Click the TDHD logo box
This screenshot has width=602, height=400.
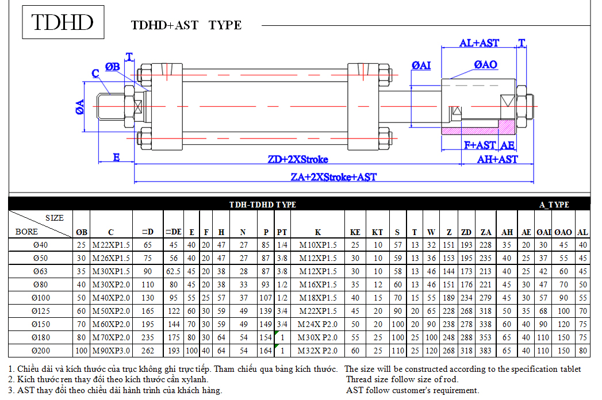63,22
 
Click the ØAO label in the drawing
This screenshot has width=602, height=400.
485,64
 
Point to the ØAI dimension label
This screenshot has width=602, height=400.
421,66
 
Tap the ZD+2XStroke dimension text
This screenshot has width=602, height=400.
298,159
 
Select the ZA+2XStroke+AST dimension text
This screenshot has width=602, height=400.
333,177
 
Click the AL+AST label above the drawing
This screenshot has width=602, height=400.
479,43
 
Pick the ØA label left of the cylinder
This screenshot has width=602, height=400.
79,107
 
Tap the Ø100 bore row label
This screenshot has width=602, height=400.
41,298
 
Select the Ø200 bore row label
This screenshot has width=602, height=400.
41,351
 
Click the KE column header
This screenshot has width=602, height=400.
355,232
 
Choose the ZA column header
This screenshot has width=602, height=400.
486,232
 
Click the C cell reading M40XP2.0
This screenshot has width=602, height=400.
111,298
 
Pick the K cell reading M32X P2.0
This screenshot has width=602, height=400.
317,351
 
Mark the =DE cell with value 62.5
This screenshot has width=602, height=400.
174,271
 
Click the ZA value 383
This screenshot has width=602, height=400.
485,351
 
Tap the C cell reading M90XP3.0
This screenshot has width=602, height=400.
111,351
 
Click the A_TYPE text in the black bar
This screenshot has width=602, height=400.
554,205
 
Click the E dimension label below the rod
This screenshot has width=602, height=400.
116,157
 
